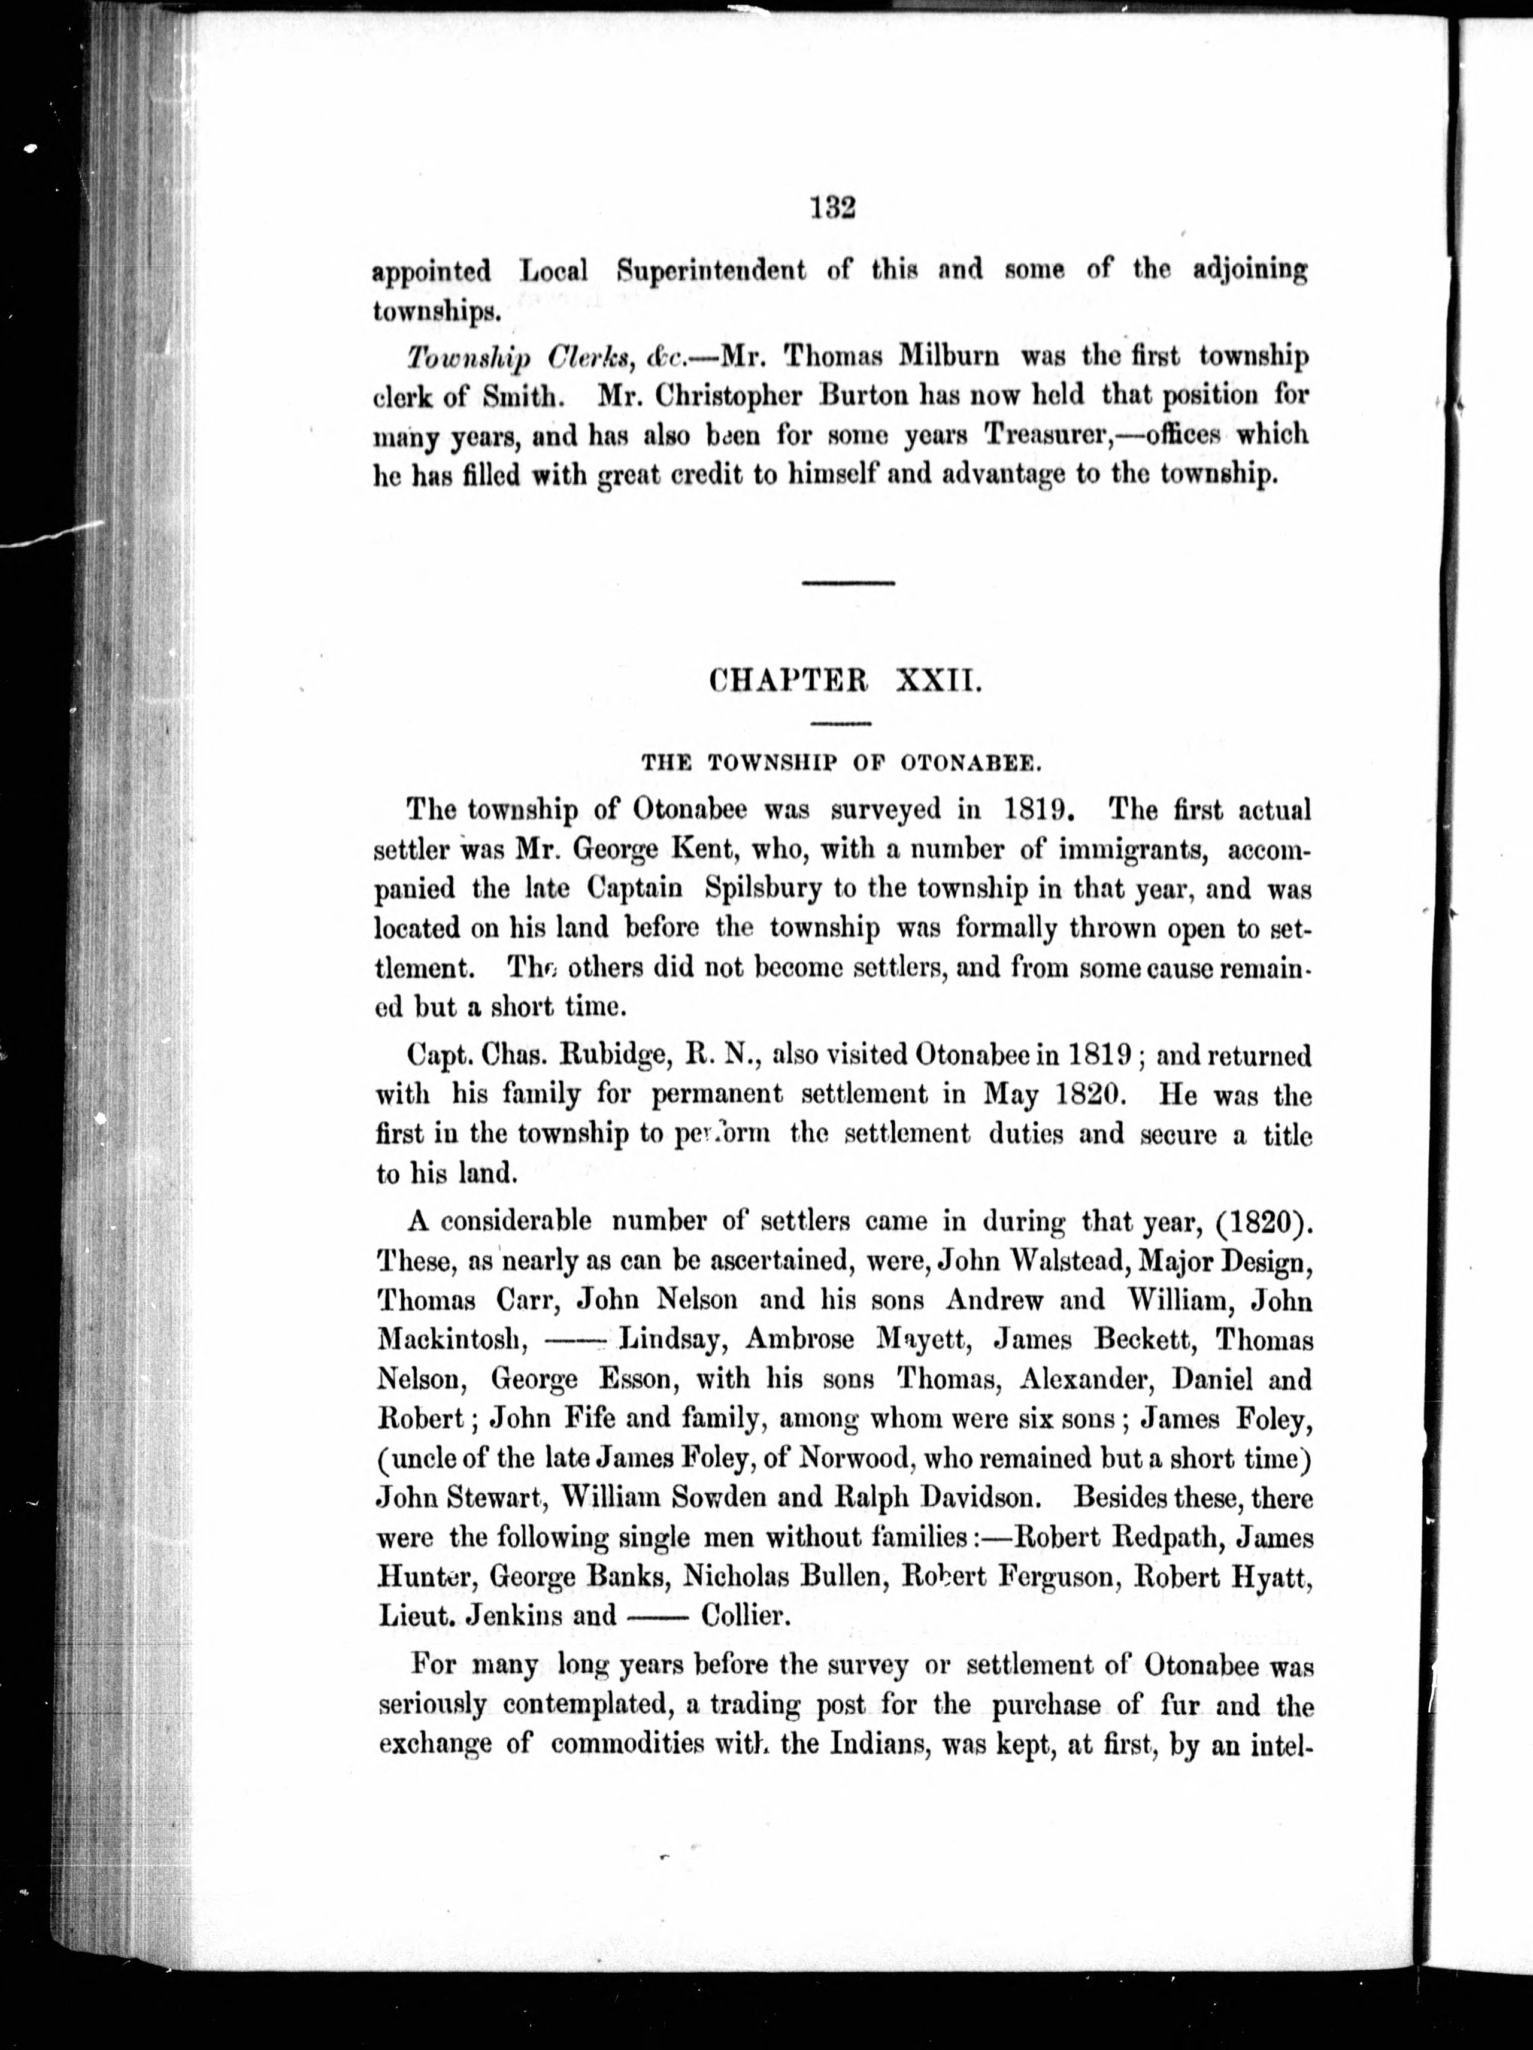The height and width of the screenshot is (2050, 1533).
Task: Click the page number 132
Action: (831, 207)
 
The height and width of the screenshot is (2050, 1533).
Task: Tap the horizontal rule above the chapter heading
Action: (848, 582)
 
